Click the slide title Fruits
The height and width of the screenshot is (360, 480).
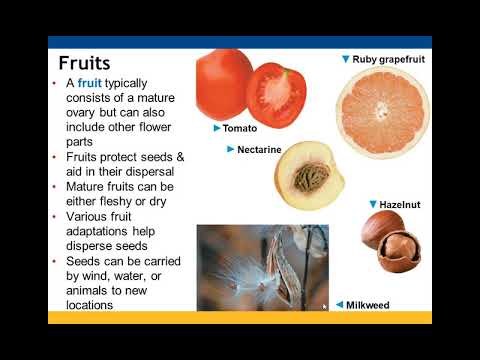[x=85, y=65]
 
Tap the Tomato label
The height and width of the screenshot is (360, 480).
[x=241, y=129]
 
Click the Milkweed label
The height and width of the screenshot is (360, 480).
[x=367, y=305]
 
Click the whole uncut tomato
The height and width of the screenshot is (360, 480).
[x=222, y=86]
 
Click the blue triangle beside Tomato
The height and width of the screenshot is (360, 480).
[x=216, y=129]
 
